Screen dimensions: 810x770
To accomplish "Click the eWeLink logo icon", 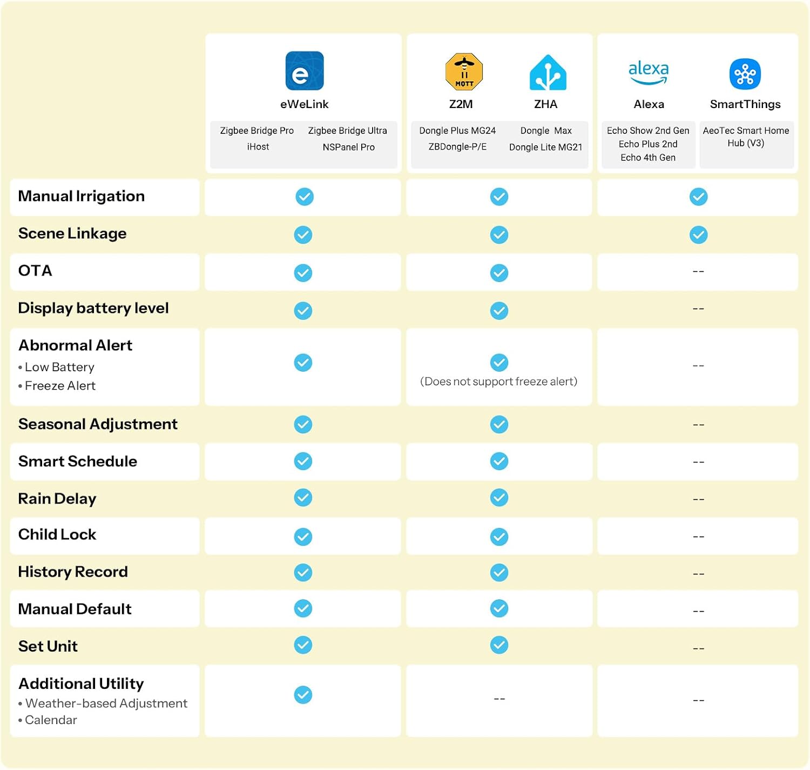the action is [305, 71].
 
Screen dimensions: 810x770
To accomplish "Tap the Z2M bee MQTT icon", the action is [464, 71].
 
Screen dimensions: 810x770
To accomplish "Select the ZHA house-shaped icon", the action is [548, 72].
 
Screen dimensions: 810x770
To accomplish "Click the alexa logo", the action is [649, 72].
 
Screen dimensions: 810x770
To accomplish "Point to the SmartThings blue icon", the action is [745, 74].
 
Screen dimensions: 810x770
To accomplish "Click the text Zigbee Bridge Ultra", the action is [347, 131].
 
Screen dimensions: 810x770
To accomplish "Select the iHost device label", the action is [258, 147].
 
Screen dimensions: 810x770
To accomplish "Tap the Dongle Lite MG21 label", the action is [545, 147].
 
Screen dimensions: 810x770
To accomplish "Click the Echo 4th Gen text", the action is [647, 158].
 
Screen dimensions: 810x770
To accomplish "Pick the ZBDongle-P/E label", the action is [457, 147].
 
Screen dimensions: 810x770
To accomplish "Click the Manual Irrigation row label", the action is [82, 196].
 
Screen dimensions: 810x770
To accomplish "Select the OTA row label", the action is [35, 271].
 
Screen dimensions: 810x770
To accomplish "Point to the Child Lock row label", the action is [57, 534].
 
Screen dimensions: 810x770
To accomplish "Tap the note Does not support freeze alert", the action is [498, 381].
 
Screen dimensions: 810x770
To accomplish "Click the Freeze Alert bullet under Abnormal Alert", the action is [57, 386].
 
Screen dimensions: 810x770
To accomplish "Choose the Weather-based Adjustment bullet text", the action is [103, 703].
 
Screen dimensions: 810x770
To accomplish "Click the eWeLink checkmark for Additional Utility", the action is [303, 695].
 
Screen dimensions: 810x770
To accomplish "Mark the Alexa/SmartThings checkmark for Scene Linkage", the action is [698, 235].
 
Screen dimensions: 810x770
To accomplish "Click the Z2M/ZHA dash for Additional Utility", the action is [500, 699].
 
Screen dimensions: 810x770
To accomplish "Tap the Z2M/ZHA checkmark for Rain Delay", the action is [499, 498].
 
